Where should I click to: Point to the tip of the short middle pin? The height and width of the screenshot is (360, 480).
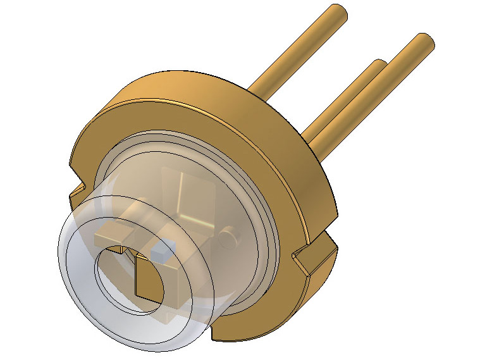(378, 66)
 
